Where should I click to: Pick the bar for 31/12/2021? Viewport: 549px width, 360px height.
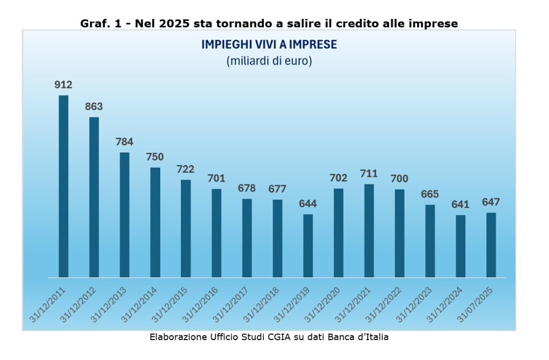click(x=369, y=231)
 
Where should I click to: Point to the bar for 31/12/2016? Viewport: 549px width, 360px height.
click(x=216, y=233)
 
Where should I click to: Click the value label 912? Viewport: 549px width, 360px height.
click(x=63, y=85)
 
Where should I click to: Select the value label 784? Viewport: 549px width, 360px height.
click(x=124, y=142)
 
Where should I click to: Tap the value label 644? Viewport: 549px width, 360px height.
click(x=308, y=204)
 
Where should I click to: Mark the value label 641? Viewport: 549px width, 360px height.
click(x=461, y=204)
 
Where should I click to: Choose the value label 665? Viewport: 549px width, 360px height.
click(x=430, y=194)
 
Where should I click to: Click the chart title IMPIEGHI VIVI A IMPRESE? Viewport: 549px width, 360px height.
click(x=269, y=45)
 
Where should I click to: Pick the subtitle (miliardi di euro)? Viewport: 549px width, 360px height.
click(x=269, y=61)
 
